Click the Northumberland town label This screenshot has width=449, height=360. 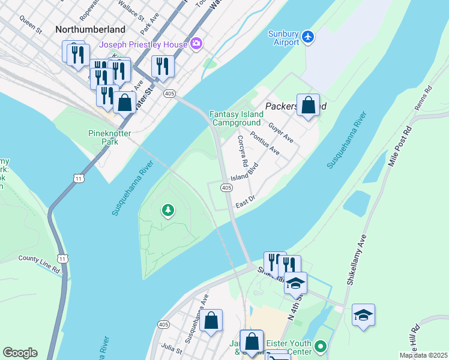point(90,29)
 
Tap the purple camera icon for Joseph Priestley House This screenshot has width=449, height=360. point(196,44)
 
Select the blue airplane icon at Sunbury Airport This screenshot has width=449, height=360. point(308,37)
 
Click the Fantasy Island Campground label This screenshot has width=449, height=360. point(236,118)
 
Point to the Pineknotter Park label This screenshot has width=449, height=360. point(109,137)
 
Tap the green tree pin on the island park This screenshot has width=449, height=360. point(169,210)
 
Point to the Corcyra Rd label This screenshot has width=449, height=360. point(243,151)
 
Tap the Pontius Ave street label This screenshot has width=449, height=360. point(265,143)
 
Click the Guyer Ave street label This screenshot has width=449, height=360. point(281,132)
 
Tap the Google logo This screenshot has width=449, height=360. point(20,353)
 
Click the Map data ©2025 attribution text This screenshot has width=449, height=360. point(423,355)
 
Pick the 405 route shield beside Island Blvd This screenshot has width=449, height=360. point(226,188)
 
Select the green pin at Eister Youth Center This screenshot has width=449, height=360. point(320,346)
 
